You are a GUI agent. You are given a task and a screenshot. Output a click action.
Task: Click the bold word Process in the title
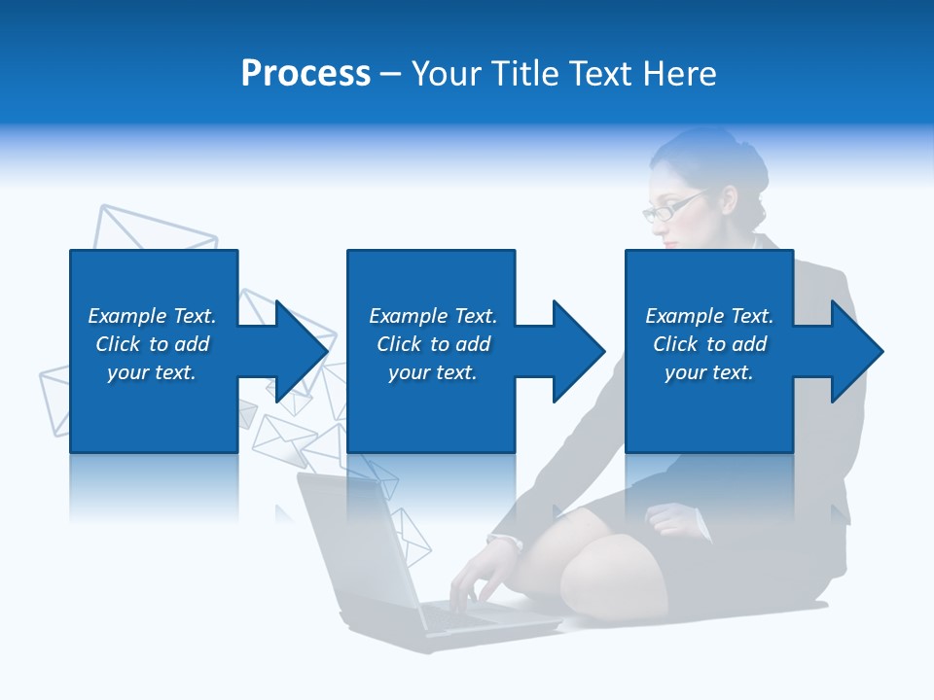(x=305, y=74)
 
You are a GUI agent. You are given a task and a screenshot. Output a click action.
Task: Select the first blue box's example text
(x=152, y=344)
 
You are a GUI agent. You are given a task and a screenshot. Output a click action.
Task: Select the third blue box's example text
(x=709, y=344)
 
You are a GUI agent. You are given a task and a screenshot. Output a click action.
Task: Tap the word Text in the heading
(x=599, y=74)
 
